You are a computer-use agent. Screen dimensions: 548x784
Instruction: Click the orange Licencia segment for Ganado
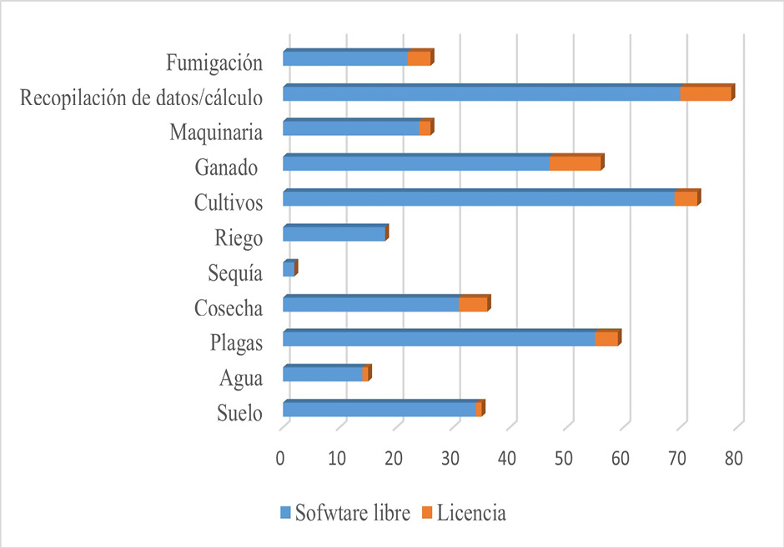click(575, 163)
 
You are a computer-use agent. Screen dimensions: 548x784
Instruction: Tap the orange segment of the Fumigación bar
click(419, 58)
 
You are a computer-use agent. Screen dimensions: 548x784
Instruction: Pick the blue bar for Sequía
click(289, 269)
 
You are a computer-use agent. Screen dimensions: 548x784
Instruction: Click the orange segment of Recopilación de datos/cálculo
click(705, 93)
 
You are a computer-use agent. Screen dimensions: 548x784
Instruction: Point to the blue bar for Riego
click(334, 234)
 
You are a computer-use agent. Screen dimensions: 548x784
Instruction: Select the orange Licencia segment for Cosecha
click(473, 304)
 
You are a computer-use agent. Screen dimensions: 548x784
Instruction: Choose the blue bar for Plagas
click(439, 339)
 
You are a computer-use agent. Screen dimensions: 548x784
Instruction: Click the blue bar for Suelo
click(379, 409)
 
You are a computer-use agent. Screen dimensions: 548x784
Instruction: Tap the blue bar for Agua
click(323, 374)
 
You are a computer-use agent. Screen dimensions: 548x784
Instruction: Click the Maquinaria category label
click(216, 132)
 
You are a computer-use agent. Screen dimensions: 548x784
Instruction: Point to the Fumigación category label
click(214, 62)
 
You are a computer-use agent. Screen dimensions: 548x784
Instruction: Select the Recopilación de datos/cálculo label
click(142, 97)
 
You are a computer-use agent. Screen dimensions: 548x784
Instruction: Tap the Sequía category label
click(238, 273)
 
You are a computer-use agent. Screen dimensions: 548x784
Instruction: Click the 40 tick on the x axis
click(509, 458)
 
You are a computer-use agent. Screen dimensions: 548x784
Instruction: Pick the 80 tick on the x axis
click(735, 458)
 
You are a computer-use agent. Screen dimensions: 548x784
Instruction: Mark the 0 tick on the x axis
click(283, 458)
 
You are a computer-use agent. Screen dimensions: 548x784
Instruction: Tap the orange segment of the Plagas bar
click(606, 339)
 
